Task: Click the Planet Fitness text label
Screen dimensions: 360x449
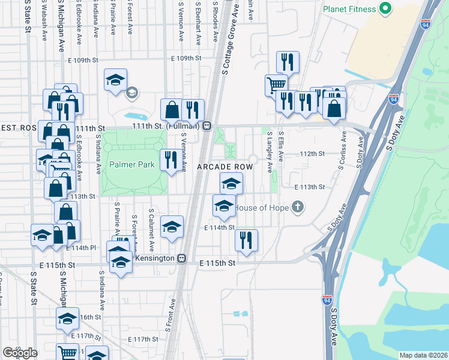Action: [349, 9]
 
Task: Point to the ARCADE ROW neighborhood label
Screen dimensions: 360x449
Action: [225, 166]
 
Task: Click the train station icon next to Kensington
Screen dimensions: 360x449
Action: [181, 258]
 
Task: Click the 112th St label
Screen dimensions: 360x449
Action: [312, 154]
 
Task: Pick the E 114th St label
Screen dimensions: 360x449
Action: [218, 228]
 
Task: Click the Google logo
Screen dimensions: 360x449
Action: [19, 353]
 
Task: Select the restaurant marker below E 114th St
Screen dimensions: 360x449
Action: [246, 240]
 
